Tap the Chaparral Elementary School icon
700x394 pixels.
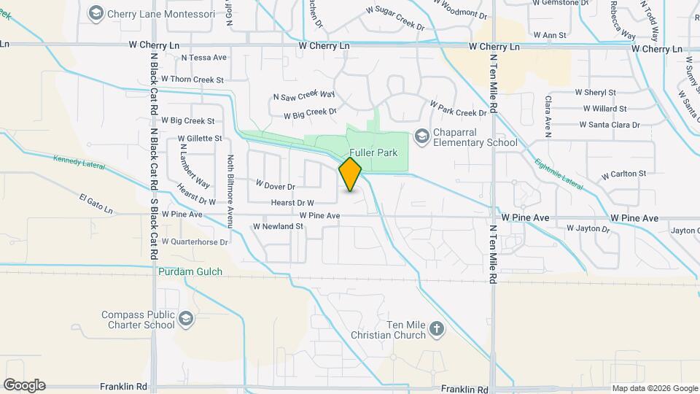(x=421, y=136)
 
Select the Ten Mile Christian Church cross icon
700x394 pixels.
(x=437, y=328)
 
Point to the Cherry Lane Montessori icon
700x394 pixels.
(x=96, y=13)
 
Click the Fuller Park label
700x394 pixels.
(x=378, y=153)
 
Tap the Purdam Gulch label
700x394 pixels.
(x=190, y=271)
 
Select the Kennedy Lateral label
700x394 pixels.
(x=79, y=159)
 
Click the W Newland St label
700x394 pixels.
(x=278, y=226)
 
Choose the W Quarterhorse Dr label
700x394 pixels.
(x=195, y=242)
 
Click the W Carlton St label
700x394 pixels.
(x=623, y=174)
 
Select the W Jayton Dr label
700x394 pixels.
(x=588, y=228)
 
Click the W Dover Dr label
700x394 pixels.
(x=275, y=185)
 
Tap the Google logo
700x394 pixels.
(x=24, y=385)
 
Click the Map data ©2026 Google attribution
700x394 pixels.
(x=654, y=388)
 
